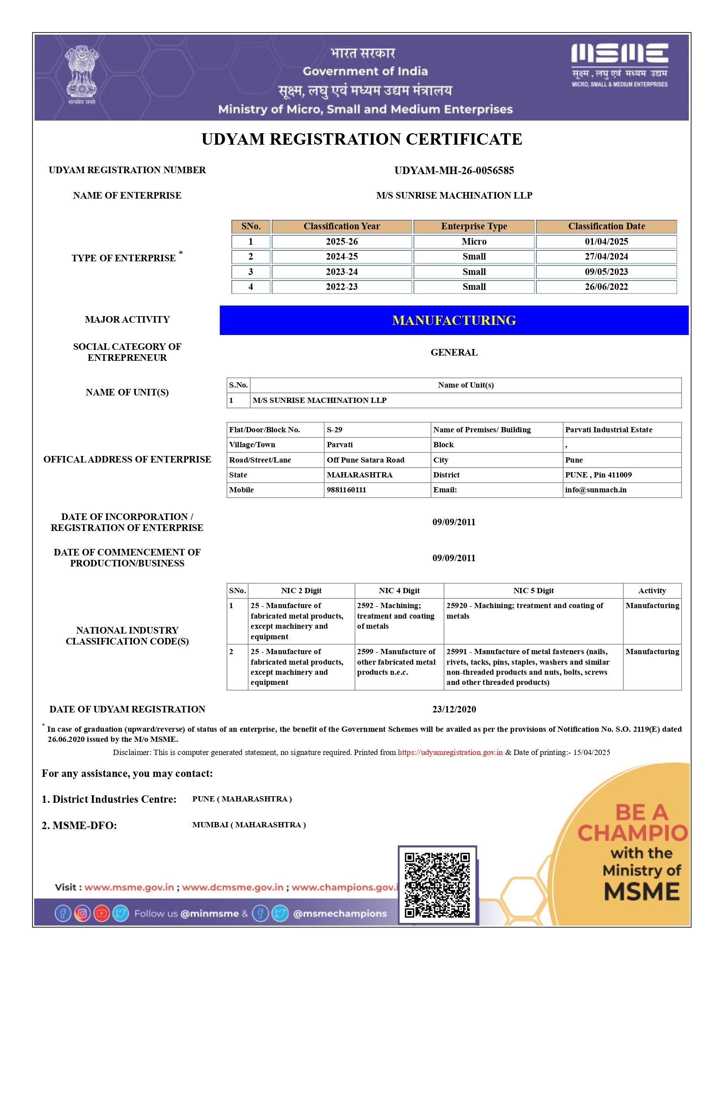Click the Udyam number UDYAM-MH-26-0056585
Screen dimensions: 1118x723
(454, 171)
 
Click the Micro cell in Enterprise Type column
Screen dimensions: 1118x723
(474, 242)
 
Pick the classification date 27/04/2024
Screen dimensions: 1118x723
(606, 256)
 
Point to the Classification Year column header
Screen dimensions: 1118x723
(341, 226)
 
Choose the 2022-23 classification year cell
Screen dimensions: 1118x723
(341, 287)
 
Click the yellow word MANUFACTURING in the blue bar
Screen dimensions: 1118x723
(454, 320)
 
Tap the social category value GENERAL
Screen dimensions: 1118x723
(454, 352)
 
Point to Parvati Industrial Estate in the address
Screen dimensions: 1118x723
(608, 429)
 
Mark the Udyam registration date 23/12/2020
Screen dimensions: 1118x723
(454, 709)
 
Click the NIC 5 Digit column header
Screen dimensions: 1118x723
(533, 591)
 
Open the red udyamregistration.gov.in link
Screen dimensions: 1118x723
(450, 752)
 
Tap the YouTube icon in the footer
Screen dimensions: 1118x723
(101, 913)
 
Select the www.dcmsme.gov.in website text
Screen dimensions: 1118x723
(232, 887)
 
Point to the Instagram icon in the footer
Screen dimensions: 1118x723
(82, 913)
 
